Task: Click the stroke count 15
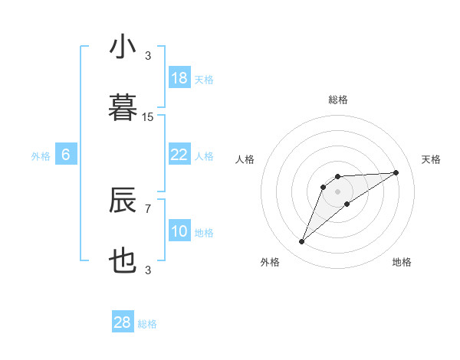(148, 116)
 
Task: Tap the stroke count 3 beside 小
(148, 56)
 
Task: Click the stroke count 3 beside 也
(148, 270)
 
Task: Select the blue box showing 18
(179, 78)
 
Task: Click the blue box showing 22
(179, 155)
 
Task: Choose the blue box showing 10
(179, 231)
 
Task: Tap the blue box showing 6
(66, 155)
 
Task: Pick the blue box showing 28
(123, 322)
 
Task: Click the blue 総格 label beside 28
(147, 324)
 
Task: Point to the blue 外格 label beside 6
(41, 156)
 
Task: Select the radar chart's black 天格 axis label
(431, 159)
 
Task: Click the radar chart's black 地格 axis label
(402, 262)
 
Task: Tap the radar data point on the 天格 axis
(396, 172)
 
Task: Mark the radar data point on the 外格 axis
(302, 242)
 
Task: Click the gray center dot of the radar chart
(337, 191)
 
